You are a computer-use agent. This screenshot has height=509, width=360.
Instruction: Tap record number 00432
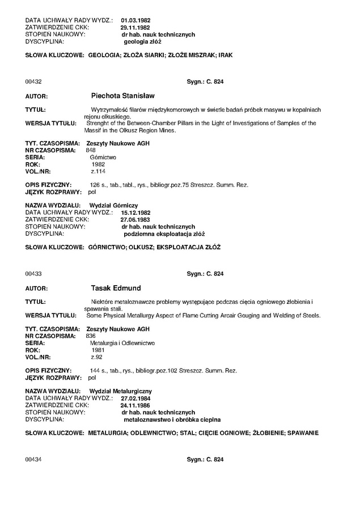pos(32,82)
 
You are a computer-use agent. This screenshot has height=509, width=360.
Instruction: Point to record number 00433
pos(32,274)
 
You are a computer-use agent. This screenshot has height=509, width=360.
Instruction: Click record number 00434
pos(32,459)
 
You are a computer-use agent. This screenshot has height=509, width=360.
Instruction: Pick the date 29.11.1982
pos(135,27)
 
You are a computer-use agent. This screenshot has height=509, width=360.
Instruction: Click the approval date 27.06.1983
pos(135,219)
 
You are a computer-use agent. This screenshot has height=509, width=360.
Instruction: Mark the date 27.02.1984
pos(135,398)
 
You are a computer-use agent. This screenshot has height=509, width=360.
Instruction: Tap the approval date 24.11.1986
pos(135,406)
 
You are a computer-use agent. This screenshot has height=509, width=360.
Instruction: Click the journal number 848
pos(90,150)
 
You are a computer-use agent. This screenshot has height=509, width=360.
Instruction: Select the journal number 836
pos(90,336)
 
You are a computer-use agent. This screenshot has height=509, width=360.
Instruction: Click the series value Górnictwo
pos(103,157)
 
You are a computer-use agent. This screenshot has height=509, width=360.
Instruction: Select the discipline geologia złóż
pos(142,41)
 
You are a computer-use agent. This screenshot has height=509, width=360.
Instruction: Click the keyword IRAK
pos(226,56)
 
